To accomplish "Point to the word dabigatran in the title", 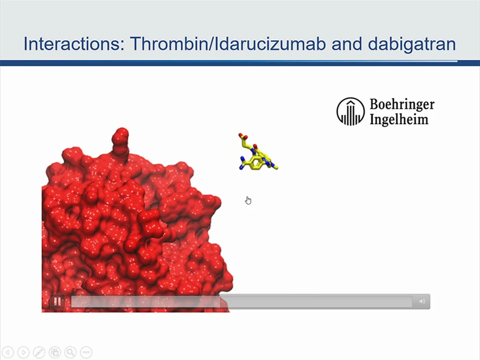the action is point(412,44).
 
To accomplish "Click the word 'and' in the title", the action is point(346,44).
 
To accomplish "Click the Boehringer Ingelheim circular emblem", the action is point(351,112).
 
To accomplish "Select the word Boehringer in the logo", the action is point(402,105).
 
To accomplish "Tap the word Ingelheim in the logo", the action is point(399,119).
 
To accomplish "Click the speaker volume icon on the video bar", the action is point(422,301).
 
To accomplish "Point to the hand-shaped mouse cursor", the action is point(248,200).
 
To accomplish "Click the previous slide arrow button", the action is point(8,352).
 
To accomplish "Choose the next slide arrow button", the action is point(23,352).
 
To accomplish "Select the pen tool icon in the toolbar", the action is point(39,352).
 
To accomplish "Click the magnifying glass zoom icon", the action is point(70,352).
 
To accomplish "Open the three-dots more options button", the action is point(86,352).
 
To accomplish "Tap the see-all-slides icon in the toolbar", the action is point(55,352).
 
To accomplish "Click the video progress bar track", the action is point(241,301).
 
